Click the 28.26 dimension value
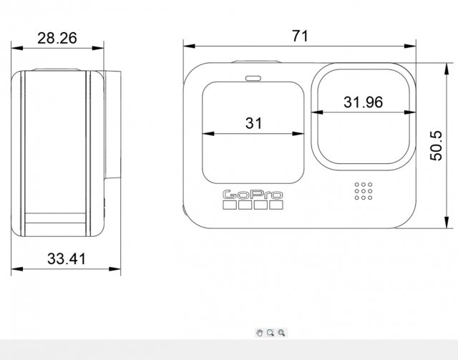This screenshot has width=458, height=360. [x=57, y=38]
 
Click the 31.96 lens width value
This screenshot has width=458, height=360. [x=363, y=102]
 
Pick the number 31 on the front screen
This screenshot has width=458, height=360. [x=253, y=123]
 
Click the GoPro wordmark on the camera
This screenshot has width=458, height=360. [x=253, y=194]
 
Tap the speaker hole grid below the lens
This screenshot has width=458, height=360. [x=364, y=190]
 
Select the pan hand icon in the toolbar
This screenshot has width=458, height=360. [x=260, y=333]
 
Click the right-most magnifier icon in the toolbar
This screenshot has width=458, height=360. [x=282, y=333]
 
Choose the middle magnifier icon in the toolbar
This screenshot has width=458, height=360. [x=271, y=333]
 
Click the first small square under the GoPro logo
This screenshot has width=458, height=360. [x=230, y=205]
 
